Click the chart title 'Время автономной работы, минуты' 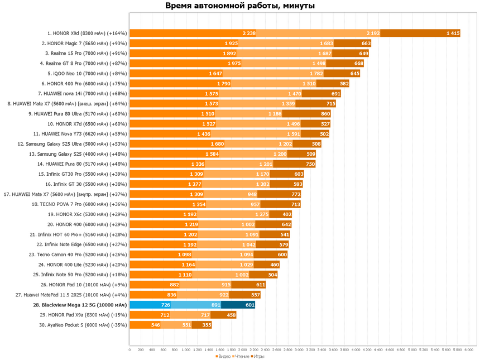click(x=240, y=6)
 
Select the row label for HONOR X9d click(x=87, y=33)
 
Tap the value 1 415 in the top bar click(x=453, y=33)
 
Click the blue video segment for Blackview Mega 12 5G click(x=150, y=305)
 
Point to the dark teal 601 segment click(x=238, y=305)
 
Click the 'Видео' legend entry click(x=223, y=356)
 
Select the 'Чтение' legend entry click(x=241, y=356)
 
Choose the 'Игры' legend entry click(x=258, y=356)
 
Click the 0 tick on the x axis click(x=129, y=350)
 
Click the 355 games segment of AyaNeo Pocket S click(x=201, y=325)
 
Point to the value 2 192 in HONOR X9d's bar click(x=373, y=33)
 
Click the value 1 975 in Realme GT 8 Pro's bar click(x=234, y=64)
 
